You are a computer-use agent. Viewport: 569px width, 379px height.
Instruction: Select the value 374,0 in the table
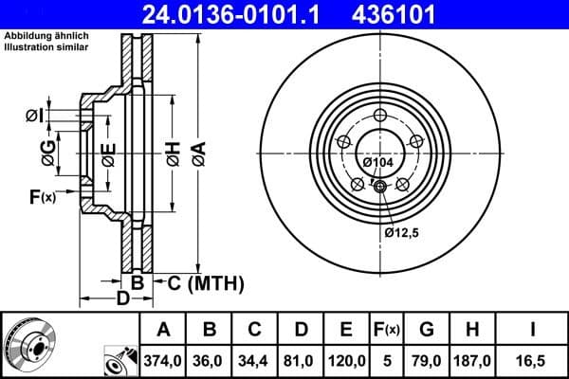pyautogui.click(x=164, y=360)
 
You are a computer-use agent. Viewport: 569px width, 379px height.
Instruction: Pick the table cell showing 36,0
pyautogui.click(x=211, y=360)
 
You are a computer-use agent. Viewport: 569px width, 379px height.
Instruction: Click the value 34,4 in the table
pyautogui.click(x=256, y=360)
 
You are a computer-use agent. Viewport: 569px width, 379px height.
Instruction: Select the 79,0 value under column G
pyautogui.click(x=428, y=360)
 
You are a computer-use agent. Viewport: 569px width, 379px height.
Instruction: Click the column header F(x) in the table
pyautogui.click(x=387, y=330)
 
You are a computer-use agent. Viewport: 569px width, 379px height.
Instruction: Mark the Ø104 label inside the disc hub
pyautogui.click(x=377, y=163)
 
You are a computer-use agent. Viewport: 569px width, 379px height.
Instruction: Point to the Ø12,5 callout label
pyautogui.click(x=402, y=230)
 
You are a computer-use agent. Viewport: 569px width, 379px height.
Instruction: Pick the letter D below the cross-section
pyautogui.click(x=121, y=299)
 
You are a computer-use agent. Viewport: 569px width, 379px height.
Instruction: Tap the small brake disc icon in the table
pyautogui.click(x=29, y=344)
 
